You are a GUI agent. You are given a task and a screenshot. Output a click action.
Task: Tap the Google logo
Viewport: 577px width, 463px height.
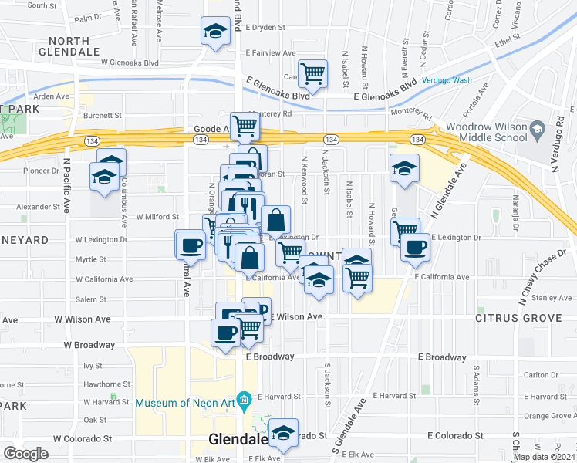coord(25,454)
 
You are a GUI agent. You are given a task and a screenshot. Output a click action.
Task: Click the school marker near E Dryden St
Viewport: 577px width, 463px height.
coord(215,31)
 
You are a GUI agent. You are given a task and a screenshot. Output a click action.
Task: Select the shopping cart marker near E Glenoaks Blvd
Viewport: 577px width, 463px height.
coord(312,74)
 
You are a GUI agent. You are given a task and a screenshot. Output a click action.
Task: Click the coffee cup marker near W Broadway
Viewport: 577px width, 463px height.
coord(225,333)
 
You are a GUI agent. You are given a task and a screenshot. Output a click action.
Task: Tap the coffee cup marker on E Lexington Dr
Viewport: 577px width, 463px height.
coord(416,247)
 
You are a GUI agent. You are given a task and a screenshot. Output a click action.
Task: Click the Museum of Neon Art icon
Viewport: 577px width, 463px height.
coord(245,400)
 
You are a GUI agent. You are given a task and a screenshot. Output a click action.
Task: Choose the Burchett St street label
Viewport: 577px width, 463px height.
coord(103,115)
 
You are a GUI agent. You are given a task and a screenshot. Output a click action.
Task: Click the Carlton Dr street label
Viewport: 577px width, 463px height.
coord(545,376)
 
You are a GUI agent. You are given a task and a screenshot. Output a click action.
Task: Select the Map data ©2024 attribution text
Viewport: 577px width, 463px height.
coord(543,457)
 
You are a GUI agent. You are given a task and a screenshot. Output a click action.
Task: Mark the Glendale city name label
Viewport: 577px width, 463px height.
coord(238,440)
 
